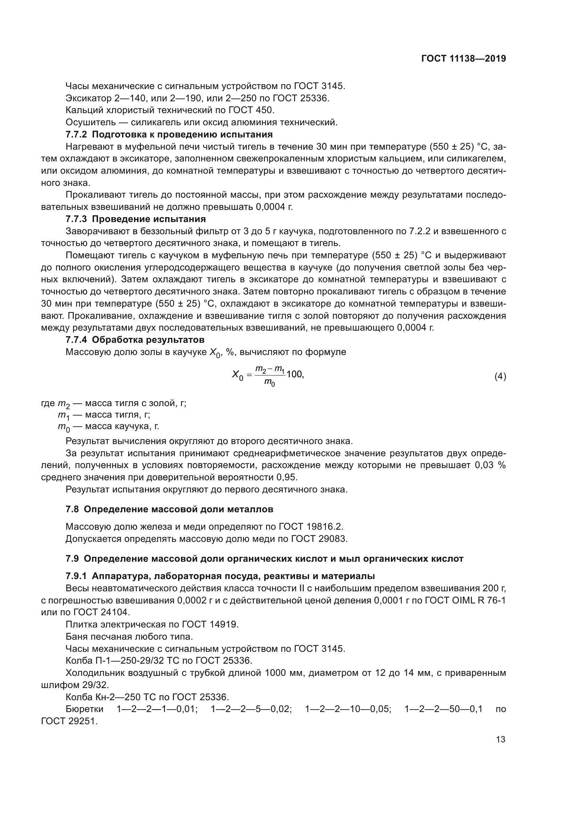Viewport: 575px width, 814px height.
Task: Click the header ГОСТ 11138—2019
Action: [x=463, y=58]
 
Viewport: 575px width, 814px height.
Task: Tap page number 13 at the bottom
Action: [x=501, y=739]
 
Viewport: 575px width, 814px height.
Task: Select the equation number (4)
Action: [x=500, y=377]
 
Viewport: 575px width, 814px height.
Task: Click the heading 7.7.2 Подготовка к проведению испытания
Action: [x=169, y=134]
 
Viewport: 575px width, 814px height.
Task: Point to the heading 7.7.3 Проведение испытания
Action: [x=136, y=219]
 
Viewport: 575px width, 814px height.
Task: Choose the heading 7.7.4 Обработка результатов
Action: [x=135, y=340]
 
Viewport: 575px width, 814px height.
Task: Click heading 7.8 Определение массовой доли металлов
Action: [x=169, y=509]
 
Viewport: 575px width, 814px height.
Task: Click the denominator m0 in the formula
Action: [x=270, y=383]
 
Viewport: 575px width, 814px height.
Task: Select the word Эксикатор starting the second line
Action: [x=89, y=98]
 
